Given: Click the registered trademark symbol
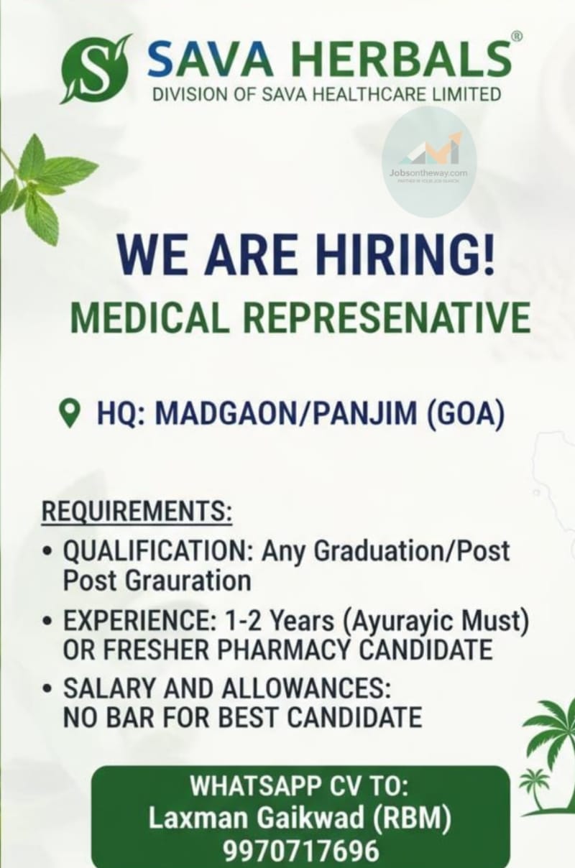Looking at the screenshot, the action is point(517,37).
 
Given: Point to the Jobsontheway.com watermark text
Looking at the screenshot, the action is point(428,173).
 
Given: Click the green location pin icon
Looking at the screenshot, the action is point(70,413).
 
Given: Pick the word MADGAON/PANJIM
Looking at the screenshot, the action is point(286,414).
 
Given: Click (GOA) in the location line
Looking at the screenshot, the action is point(465,414).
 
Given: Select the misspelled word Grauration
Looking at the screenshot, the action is point(189,581).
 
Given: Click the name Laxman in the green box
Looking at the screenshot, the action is point(198,806).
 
